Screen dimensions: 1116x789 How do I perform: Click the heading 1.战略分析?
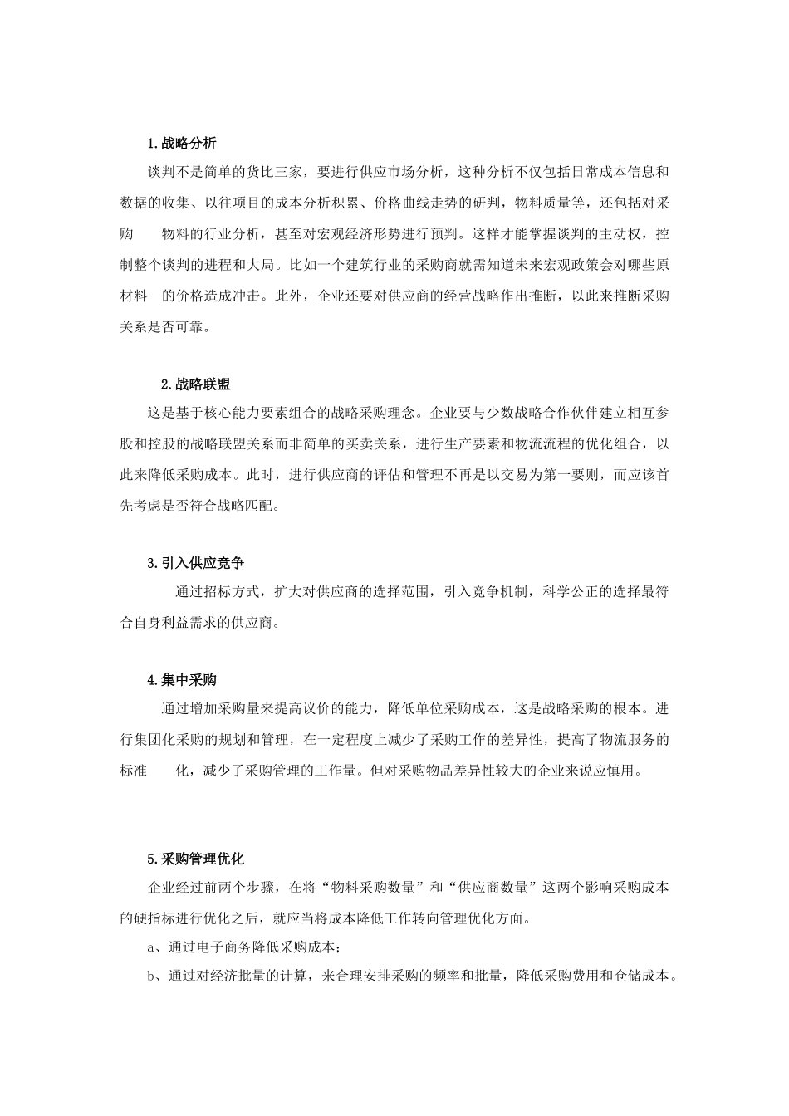pos(182,144)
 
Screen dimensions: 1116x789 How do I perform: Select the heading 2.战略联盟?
pos(195,384)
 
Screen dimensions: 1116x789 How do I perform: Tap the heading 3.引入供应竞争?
pos(195,563)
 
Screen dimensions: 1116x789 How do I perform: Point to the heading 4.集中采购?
pos(182,680)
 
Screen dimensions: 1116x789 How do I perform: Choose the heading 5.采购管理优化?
pos(195,859)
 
